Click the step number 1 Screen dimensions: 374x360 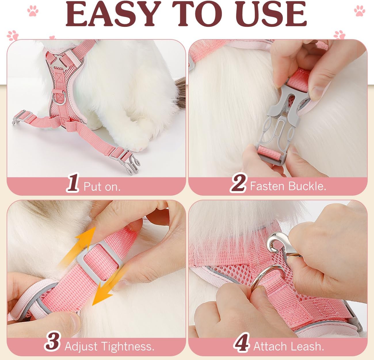(x=73, y=182)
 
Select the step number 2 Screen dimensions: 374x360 (x=238, y=182)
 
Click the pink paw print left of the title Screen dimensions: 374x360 (x=33, y=11)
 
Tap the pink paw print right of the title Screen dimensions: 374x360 (x=360, y=11)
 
